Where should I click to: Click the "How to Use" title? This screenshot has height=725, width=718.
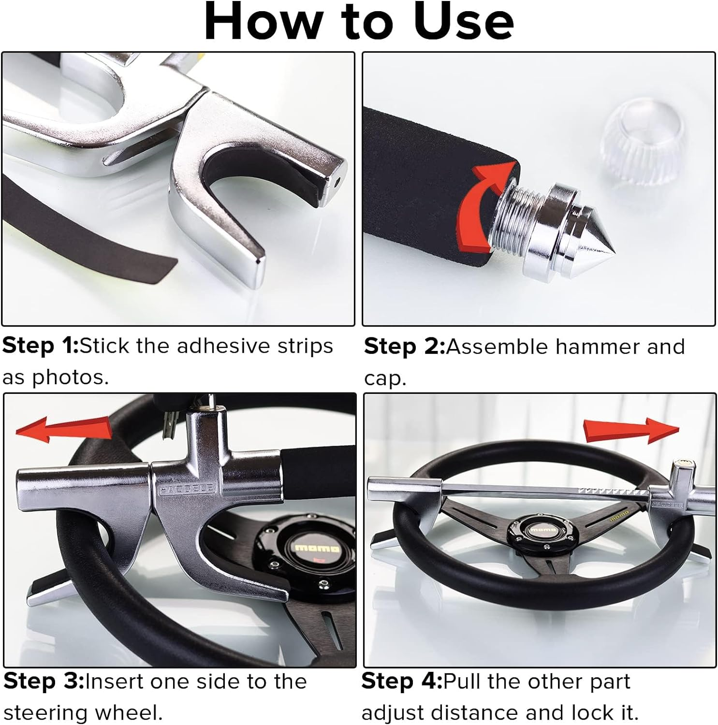tap(359, 22)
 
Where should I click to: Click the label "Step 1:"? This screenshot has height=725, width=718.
tap(40, 346)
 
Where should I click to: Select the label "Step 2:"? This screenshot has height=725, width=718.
tap(404, 347)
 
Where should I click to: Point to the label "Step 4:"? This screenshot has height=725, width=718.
tap(402, 681)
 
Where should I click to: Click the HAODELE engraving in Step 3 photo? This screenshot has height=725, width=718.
tap(186, 489)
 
